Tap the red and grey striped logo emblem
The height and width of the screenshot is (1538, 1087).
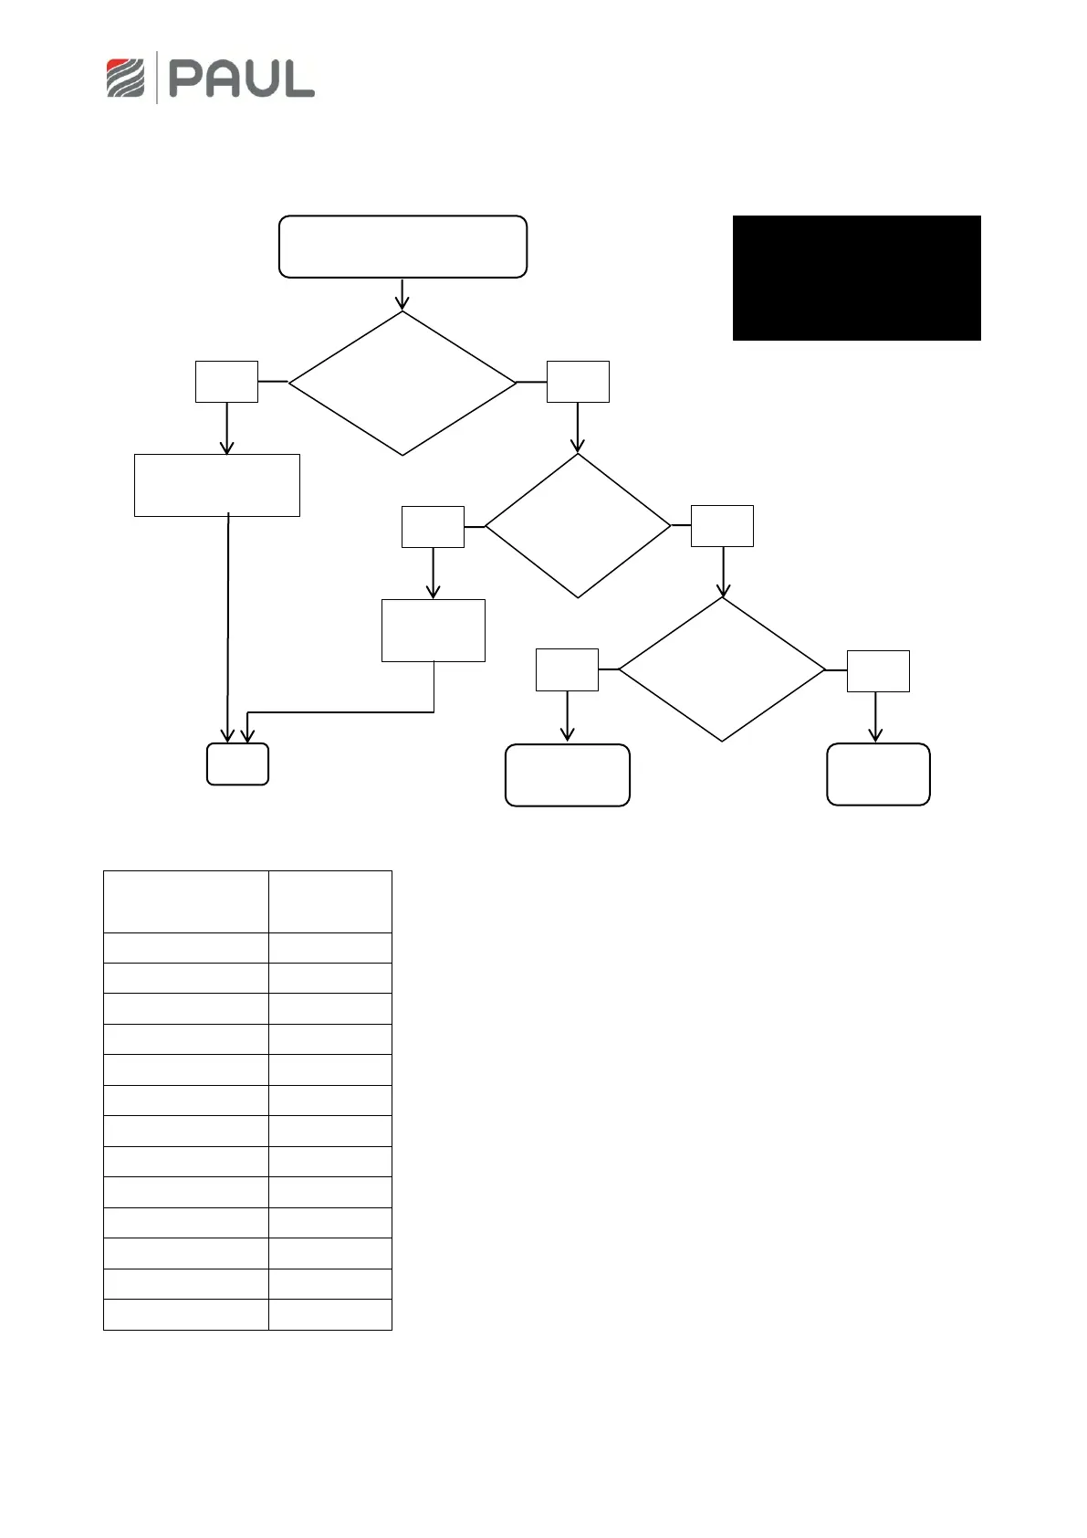126,78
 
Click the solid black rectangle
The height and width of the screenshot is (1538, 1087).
856,278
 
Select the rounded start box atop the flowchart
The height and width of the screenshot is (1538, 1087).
402,247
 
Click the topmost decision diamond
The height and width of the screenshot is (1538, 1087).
402,383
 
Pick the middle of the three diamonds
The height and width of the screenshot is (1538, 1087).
578,526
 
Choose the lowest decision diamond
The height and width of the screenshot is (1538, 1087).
722,669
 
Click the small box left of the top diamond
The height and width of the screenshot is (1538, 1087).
226,381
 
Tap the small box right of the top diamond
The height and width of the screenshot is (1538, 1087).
578,381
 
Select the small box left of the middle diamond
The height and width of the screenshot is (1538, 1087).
433,526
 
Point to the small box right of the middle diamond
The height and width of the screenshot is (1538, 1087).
722,526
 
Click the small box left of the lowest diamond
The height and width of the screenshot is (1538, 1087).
567,669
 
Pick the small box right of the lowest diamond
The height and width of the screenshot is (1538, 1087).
878,670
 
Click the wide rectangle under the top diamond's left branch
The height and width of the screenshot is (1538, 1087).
217,485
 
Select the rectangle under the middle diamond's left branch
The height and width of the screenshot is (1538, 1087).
433,630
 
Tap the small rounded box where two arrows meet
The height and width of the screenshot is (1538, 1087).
237,764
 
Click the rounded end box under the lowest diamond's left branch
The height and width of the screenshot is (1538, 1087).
567,775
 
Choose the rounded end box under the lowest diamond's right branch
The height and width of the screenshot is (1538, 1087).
878,774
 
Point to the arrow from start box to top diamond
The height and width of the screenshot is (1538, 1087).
402,293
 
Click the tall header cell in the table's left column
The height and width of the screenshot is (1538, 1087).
186,901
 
